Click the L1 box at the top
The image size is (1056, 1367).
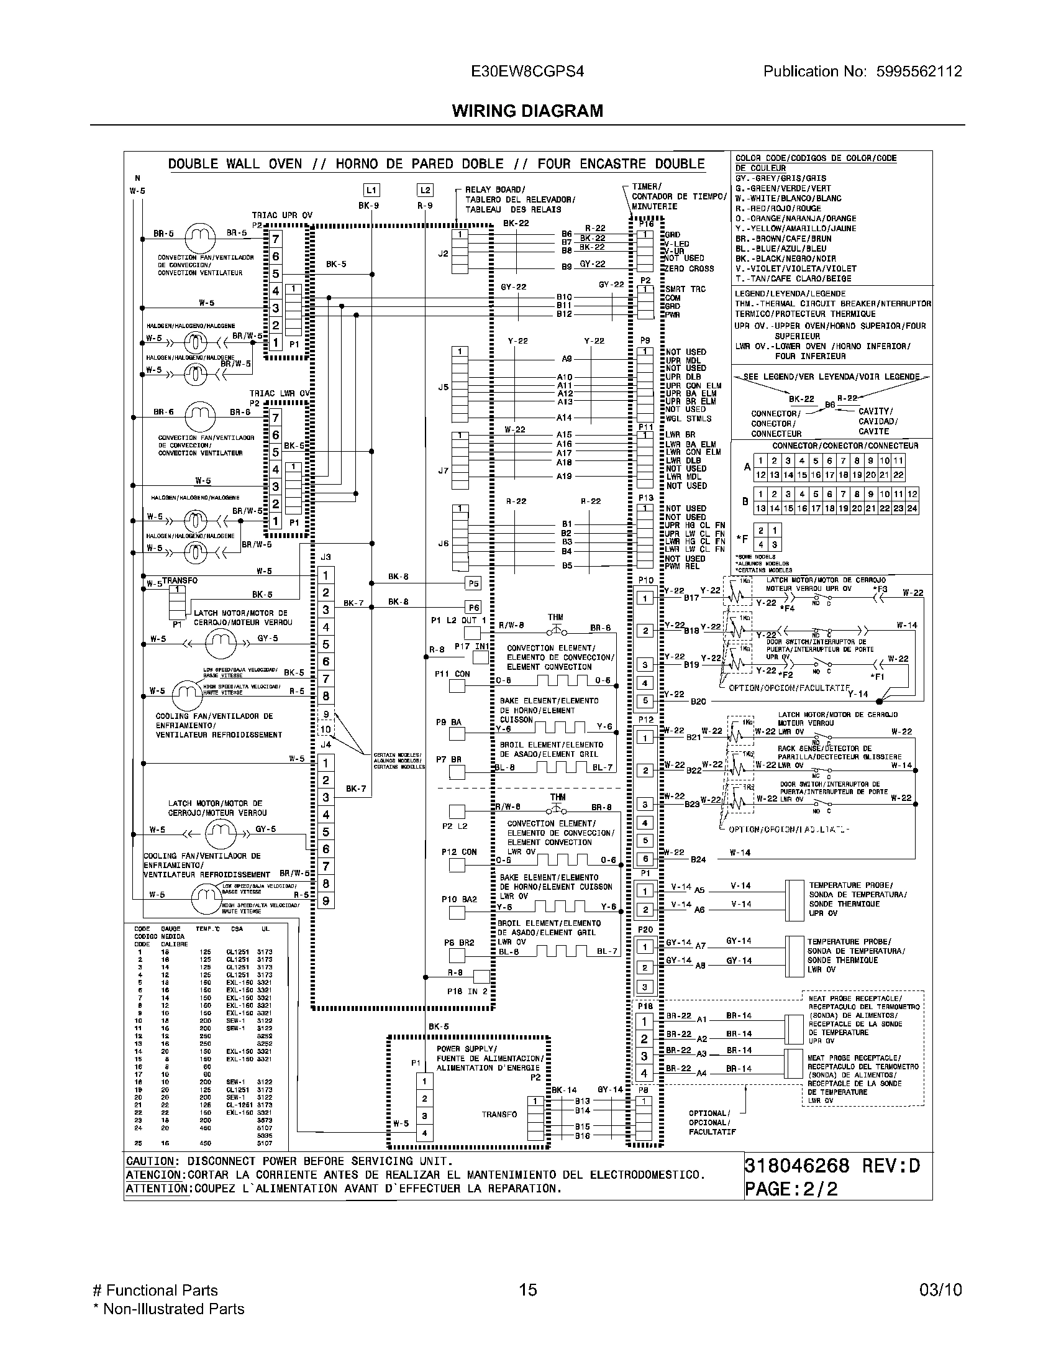371,190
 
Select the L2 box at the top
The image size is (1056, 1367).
425,190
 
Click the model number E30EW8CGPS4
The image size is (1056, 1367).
527,71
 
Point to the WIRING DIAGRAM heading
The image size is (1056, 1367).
527,111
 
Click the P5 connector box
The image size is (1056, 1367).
473,583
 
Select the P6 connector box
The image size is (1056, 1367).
473,607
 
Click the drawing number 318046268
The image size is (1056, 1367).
796,1166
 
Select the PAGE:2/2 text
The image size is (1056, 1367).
791,1189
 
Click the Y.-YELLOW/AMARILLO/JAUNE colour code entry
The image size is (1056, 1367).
796,229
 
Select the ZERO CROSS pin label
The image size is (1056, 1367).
689,268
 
